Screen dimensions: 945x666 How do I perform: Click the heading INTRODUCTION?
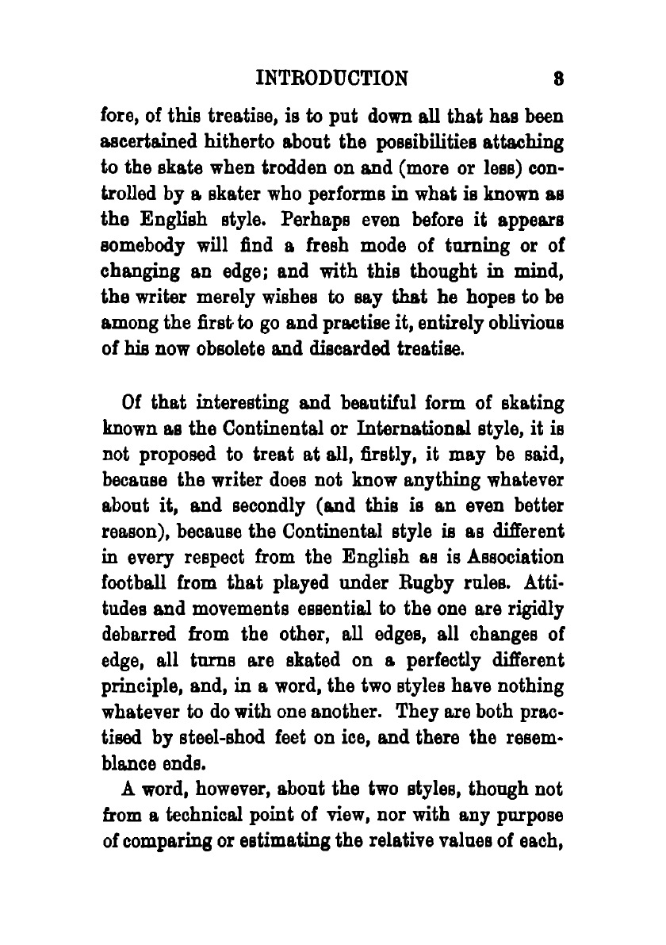[x=333, y=78]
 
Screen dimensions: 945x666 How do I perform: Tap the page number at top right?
[x=558, y=78]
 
